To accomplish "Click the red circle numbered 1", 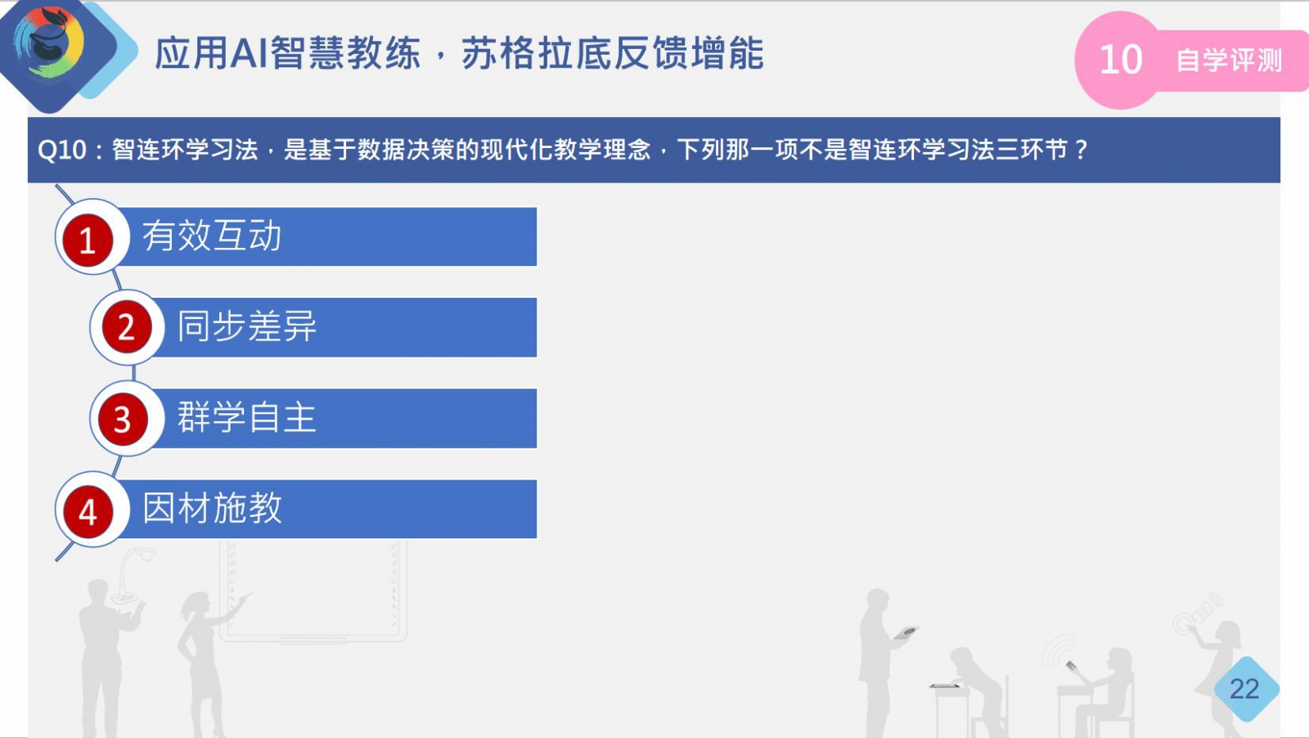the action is point(88,241).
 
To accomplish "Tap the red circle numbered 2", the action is point(127,326).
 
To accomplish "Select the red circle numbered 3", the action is point(123,420).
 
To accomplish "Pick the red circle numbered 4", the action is point(88,512).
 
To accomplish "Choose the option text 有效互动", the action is point(212,236).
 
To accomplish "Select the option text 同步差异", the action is point(246,326).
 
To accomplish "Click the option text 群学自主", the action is point(246,418).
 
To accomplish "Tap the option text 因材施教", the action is point(212,508).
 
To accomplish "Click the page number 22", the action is point(1244,689).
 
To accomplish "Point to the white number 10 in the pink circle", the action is point(1120,60).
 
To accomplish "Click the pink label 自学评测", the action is point(1229,61).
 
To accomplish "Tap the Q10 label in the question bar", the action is point(62,151).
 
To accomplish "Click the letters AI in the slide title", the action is point(250,53).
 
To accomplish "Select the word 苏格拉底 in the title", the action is point(537,53).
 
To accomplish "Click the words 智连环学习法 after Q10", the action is point(185,151).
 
